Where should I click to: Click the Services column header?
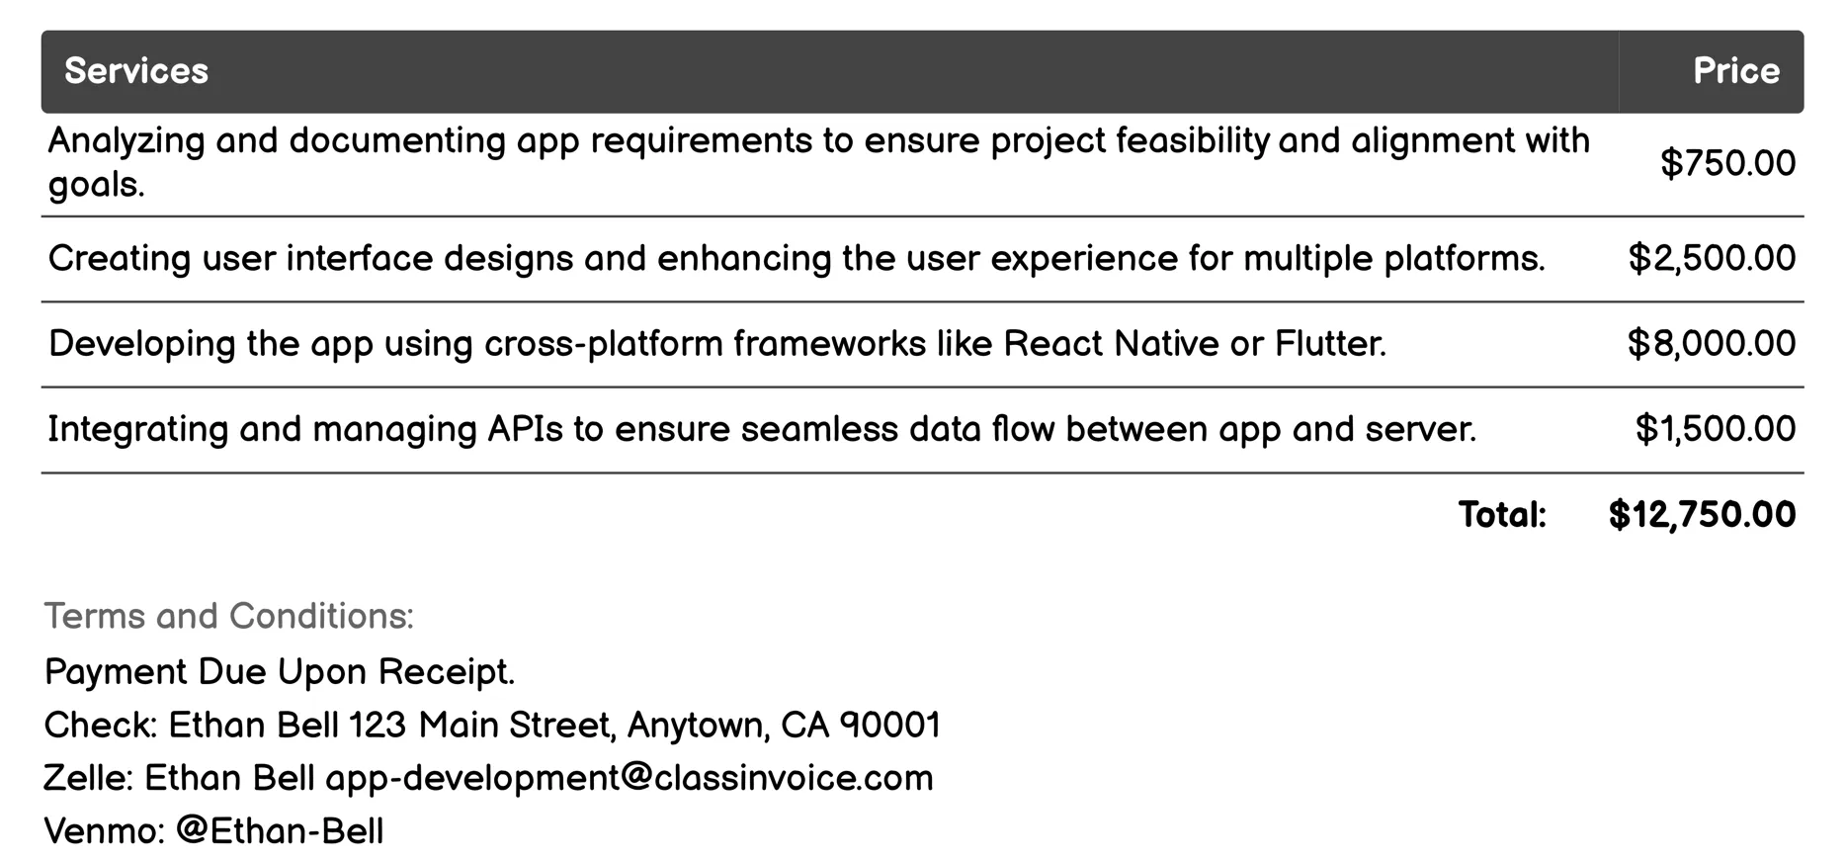[x=136, y=71]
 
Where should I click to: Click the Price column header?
[x=1735, y=71]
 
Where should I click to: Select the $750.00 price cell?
[x=1727, y=163]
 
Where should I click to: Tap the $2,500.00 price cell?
[x=1712, y=258]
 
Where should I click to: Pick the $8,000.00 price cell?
[x=1712, y=343]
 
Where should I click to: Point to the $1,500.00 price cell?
[x=1715, y=429]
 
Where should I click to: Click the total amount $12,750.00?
[x=1702, y=514]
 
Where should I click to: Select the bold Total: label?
[x=1501, y=514]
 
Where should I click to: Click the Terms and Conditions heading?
[x=228, y=616]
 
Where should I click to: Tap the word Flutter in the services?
[x=1329, y=343]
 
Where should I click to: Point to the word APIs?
[x=524, y=429]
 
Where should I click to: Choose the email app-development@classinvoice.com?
[x=629, y=778]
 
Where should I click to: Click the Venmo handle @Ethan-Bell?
[x=280, y=830]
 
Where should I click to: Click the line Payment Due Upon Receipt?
[x=280, y=672]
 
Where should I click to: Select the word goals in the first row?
[x=95, y=185]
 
